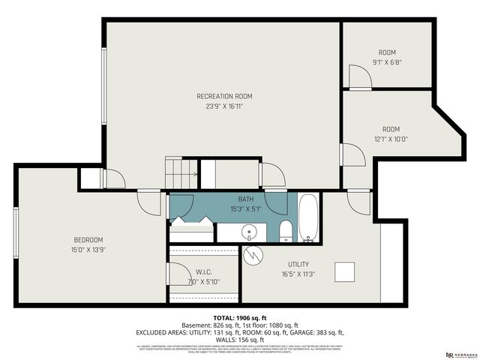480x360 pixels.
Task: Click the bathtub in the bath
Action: click(x=308, y=218)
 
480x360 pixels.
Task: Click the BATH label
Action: click(x=246, y=199)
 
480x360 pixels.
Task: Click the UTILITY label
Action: click(x=299, y=265)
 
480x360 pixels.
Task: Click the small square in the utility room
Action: click(x=344, y=271)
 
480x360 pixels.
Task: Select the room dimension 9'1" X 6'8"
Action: click(x=386, y=62)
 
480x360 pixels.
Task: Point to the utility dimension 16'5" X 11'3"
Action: click(x=299, y=275)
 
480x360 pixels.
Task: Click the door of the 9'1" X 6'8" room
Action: click(x=355, y=75)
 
